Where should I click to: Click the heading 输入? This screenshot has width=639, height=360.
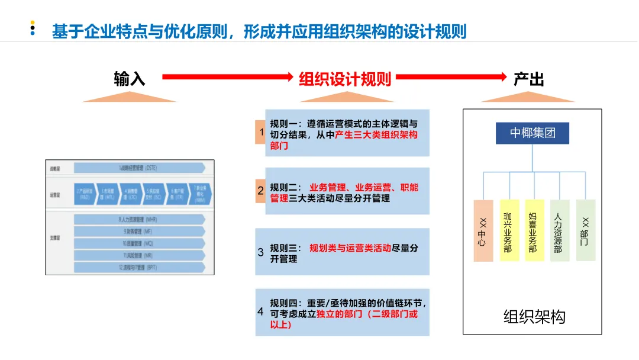130,79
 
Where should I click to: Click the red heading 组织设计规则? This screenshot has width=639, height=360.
345,79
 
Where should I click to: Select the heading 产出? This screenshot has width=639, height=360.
529,79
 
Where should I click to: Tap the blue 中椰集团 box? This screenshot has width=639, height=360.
532,133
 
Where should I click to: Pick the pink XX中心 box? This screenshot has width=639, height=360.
483,231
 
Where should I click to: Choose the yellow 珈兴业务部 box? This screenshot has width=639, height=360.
508,231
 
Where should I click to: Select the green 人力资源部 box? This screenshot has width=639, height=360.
559,231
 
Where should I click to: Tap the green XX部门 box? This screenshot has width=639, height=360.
585,231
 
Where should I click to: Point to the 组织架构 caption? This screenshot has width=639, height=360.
534,317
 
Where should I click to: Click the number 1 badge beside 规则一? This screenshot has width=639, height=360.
260,132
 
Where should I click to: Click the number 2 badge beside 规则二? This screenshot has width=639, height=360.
260,191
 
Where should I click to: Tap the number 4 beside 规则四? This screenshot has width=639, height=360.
260,311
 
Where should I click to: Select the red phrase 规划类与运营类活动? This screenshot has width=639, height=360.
350,248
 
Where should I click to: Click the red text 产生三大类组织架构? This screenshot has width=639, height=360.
376,134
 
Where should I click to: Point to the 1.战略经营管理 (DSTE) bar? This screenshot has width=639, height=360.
139,168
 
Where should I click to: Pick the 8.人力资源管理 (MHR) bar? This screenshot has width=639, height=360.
139,220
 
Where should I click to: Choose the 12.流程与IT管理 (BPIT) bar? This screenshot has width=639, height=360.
139,267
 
